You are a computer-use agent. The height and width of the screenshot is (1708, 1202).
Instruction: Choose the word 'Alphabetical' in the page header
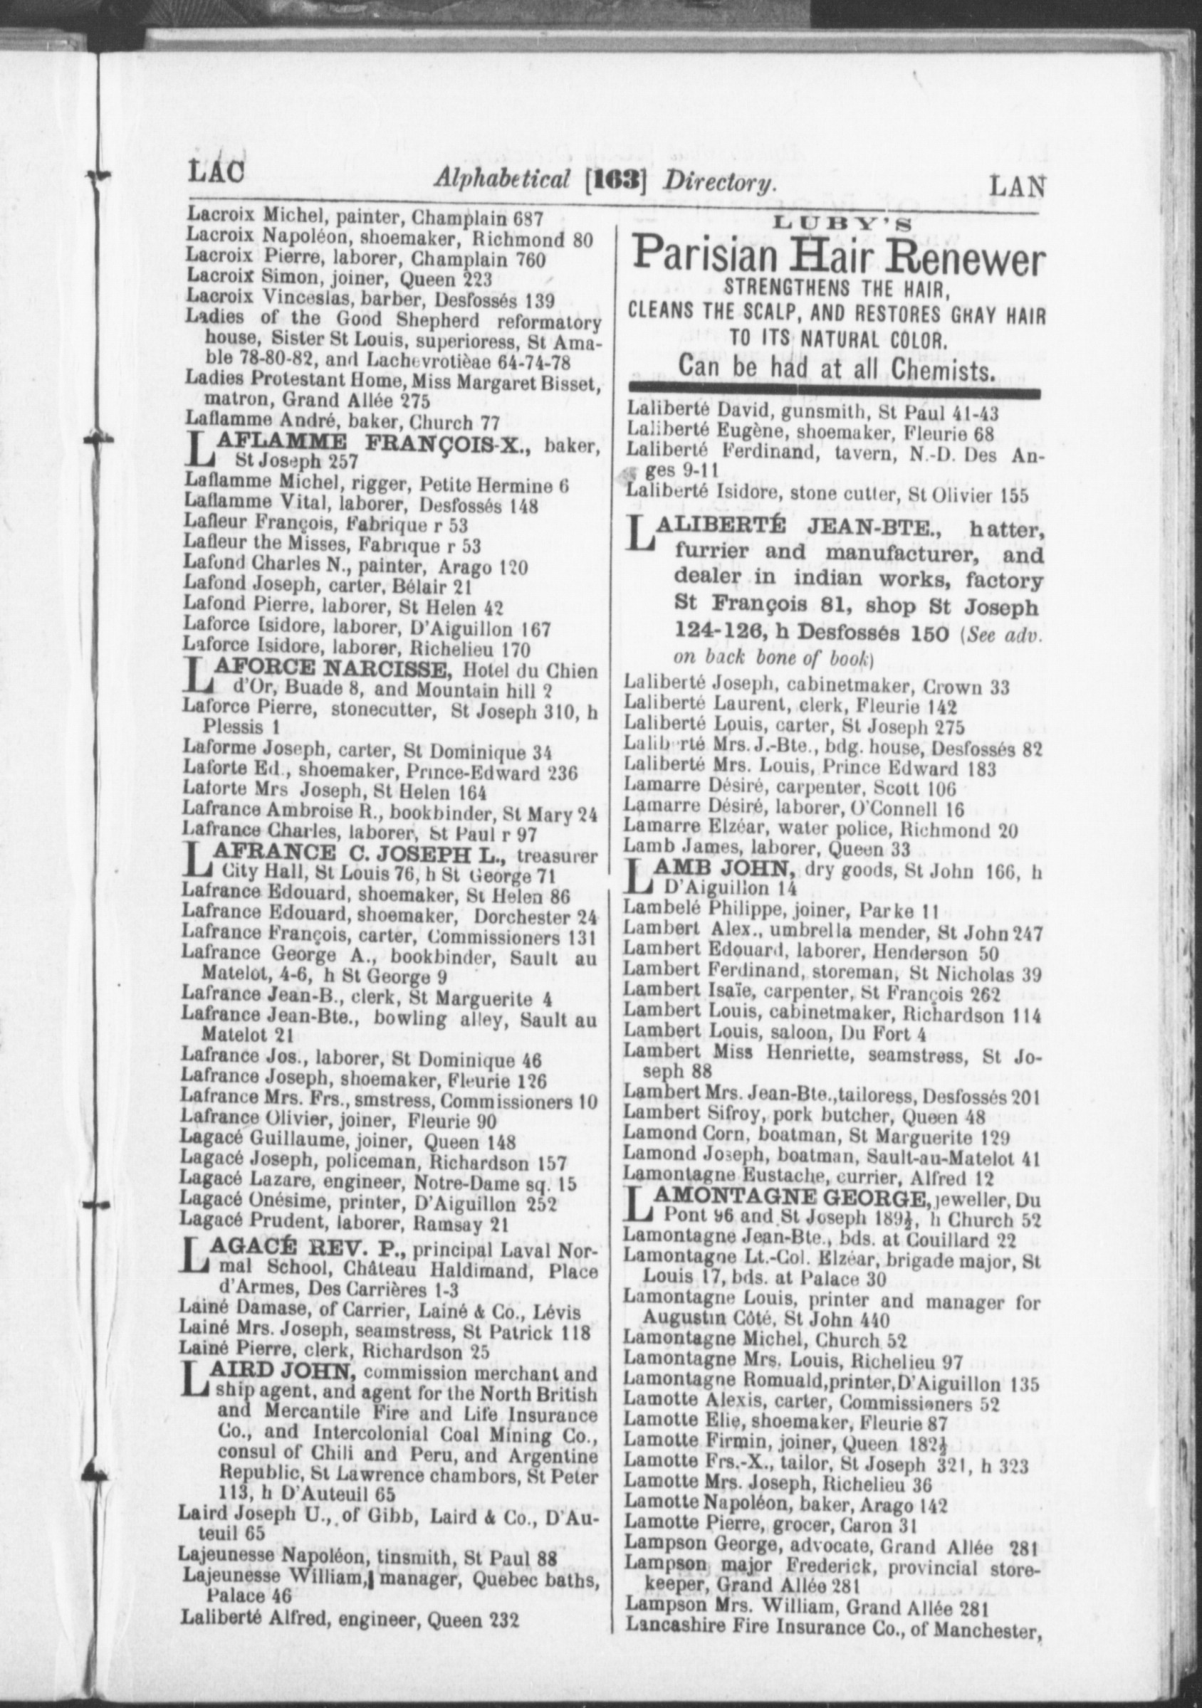pyautogui.click(x=503, y=179)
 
